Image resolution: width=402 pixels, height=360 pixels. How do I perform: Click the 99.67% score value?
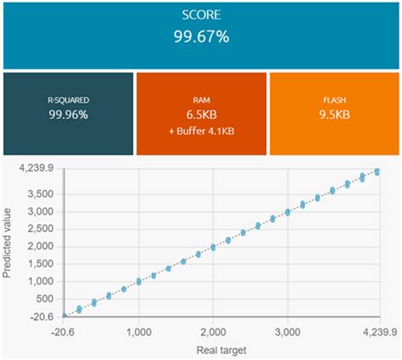[201, 37]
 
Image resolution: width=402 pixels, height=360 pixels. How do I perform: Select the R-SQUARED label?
[68, 99]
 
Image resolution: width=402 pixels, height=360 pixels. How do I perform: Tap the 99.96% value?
[68, 114]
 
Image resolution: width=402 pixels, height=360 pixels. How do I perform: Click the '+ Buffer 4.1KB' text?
[201, 132]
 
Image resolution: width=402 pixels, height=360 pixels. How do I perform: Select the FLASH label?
[334, 99]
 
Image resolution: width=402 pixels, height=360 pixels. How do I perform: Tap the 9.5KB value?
[334, 114]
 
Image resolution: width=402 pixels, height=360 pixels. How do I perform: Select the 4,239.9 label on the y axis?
[36, 170]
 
